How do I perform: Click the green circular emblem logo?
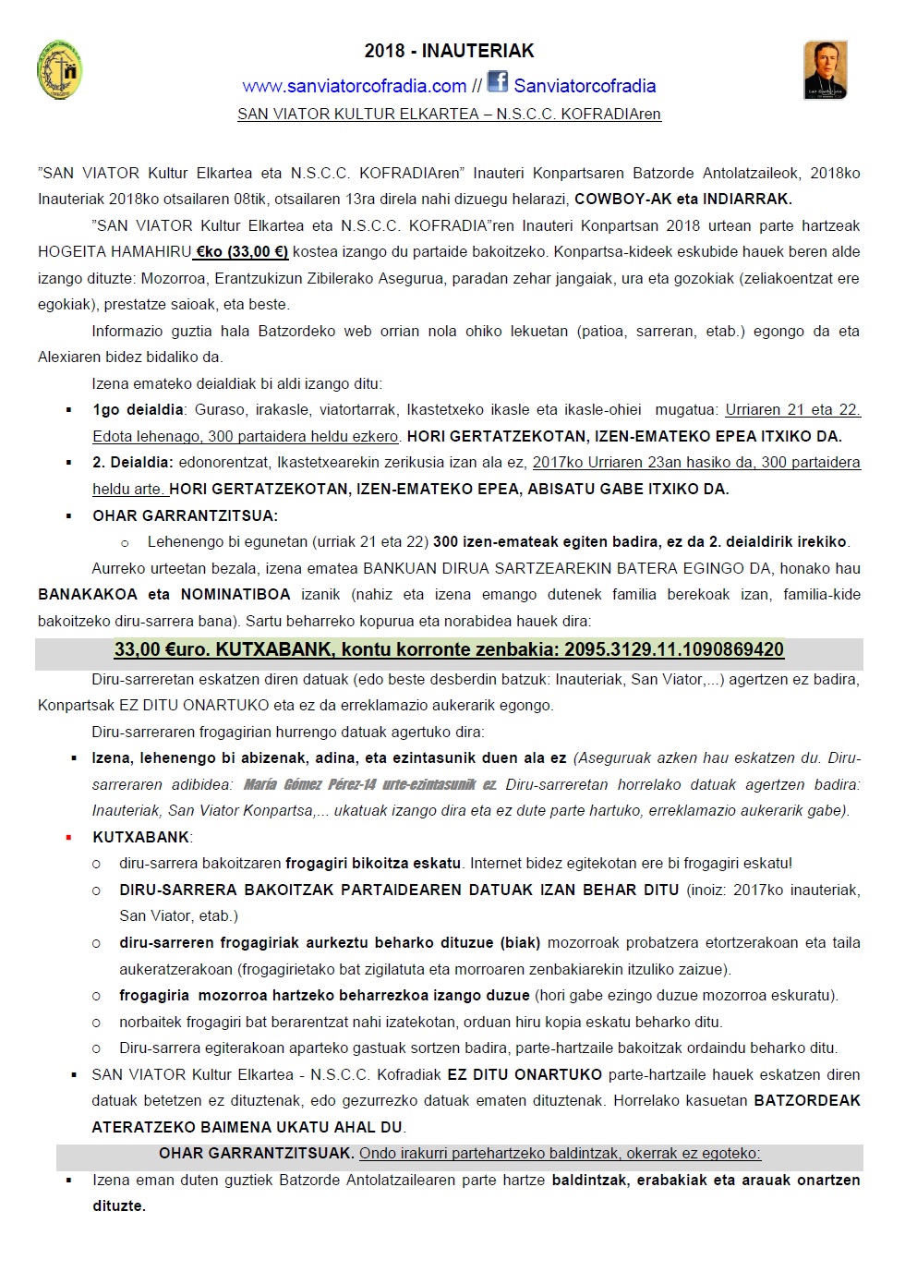pyautogui.click(x=60, y=70)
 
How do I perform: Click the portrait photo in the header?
pyautogui.click(x=825, y=70)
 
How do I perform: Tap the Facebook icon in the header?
pyautogui.click(x=498, y=82)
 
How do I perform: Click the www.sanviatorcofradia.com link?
pyautogui.click(x=355, y=86)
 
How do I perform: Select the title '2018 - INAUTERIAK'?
pyautogui.click(x=449, y=51)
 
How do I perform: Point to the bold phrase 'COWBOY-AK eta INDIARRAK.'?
pyautogui.click(x=682, y=199)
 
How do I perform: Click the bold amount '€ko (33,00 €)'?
pyautogui.click(x=241, y=251)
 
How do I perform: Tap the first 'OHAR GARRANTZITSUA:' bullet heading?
pyautogui.click(x=185, y=515)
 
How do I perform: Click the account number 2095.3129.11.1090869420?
pyautogui.click(x=674, y=649)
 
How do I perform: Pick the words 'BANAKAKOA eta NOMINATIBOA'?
pyautogui.click(x=164, y=594)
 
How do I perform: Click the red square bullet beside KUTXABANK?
pyautogui.click(x=68, y=837)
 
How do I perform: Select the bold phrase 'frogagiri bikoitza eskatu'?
pyautogui.click(x=373, y=863)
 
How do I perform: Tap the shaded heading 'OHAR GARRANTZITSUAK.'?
pyautogui.click(x=256, y=1153)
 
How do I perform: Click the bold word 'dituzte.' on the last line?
pyautogui.click(x=119, y=1205)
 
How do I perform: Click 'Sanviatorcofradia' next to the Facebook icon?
pyautogui.click(x=585, y=86)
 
